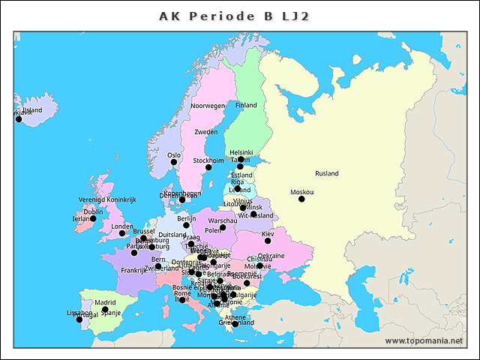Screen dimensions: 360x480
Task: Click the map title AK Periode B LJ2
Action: click(235, 16)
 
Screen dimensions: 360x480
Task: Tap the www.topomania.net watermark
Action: click(424, 340)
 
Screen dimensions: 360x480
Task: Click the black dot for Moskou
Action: click(301, 199)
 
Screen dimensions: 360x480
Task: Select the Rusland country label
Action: click(327, 173)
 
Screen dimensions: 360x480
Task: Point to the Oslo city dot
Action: click(174, 162)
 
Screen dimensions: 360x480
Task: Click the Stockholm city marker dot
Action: click(208, 167)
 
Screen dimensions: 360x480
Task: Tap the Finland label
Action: click(246, 105)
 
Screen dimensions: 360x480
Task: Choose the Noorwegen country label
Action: click(208, 106)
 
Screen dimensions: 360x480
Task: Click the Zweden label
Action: click(205, 132)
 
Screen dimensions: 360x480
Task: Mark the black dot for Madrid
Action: click(105, 310)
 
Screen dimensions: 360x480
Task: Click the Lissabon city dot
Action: click(79, 319)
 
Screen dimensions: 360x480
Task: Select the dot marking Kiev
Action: click(268, 241)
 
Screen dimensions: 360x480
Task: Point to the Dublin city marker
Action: click(94, 219)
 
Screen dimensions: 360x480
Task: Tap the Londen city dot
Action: click(122, 233)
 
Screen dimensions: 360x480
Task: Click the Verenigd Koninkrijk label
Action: click(107, 200)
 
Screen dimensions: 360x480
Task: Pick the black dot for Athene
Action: click(235, 324)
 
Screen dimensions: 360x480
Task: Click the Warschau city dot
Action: click(223, 228)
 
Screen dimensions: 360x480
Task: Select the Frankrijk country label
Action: click(134, 270)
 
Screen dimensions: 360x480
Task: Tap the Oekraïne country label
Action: click(271, 256)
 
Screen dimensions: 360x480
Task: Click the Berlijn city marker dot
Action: click(187, 225)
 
